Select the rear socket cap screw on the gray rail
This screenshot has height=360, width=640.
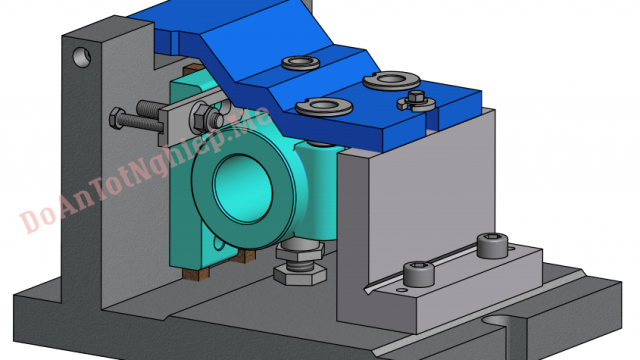point(489,243)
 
